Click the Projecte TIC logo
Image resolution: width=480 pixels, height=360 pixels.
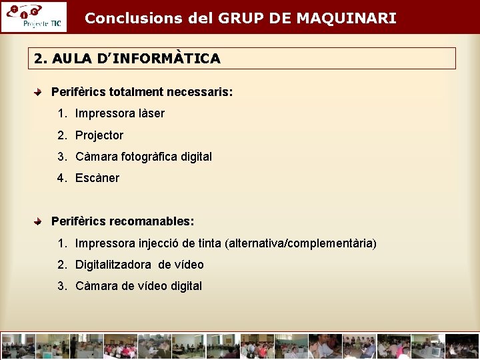click(x=33, y=17)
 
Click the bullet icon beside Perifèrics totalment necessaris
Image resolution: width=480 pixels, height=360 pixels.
click(x=40, y=91)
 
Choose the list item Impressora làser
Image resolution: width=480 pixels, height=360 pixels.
click(x=119, y=113)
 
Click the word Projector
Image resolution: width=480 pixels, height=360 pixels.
click(x=99, y=135)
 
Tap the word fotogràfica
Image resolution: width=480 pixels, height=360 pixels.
click(x=149, y=157)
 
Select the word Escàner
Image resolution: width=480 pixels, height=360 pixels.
click(x=97, y=178)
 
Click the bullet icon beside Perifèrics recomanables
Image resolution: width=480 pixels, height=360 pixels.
click(x=40, y=221)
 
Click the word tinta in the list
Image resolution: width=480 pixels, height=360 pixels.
click(x=211, y=243)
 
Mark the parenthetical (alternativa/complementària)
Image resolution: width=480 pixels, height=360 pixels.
click(x=301, y=243)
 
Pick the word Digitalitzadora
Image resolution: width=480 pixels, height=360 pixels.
click(x=113, y=265)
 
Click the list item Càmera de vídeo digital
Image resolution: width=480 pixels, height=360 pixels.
click(x=138, y=286)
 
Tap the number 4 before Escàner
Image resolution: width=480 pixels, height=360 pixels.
click(x=61, y=178)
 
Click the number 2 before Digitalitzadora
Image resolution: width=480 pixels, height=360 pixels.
click(x=61, y=265)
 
